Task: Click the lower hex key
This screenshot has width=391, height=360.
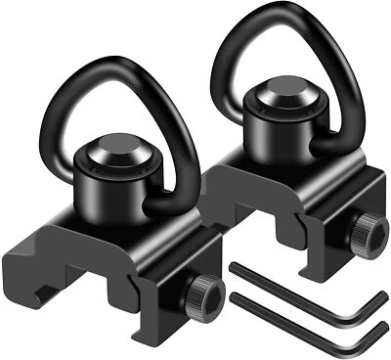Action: pos(303,313)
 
